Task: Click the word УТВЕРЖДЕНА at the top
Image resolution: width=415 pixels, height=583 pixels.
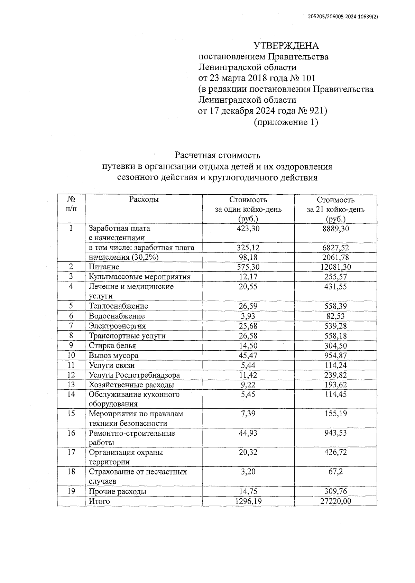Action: (x=286, y=46)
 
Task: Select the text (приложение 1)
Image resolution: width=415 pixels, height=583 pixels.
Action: (x=286, y=122)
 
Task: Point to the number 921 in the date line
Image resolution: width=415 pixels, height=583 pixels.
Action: (x=316, y=111)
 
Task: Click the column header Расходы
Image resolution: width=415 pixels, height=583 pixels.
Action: (x=144, y=200)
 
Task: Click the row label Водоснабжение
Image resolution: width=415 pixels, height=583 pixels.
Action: (x=117, y=316)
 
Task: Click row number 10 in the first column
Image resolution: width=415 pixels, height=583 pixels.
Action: (x=71, y=355)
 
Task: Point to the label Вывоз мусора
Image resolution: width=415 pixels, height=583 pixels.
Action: (x=113, y=355)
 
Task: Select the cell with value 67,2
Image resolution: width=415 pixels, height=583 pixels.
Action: (x=335, y=472)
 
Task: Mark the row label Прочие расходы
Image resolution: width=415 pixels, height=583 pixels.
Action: (x=118, y=491)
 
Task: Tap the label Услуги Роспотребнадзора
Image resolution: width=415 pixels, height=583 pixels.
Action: (x=134, y=375)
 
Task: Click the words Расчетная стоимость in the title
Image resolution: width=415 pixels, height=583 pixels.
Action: (x=217, y=155)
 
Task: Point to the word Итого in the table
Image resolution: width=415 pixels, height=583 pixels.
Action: (x=99, y=501)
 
